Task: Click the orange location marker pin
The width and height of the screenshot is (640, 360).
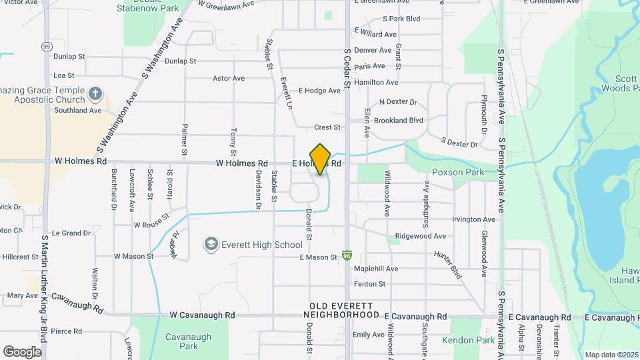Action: (x=321, y=159)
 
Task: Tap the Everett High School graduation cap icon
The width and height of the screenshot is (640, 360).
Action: (x=211, y=245)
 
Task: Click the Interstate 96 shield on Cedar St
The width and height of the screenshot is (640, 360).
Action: (x=347, y=255)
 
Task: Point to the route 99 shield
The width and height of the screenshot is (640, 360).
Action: (x=45, y=46)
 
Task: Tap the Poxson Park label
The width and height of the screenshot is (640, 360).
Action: (x=457, y=172)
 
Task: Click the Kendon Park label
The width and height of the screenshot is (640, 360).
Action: (x=467, y=340)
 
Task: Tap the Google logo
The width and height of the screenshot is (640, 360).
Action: (x=22, y=351)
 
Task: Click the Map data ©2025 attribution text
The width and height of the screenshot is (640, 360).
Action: (x=611, y=355)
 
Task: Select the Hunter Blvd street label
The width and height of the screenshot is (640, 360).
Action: (x=448, y=264)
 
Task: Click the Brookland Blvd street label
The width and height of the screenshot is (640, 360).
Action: (x=399, y=121)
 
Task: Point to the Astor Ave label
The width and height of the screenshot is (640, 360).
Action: (x=229, y=78)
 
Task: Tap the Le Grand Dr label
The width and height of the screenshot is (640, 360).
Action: (x=71, y=233)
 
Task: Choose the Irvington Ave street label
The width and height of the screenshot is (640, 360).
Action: (x=473, y=219)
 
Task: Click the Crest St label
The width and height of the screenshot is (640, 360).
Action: (x=327, y=127)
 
